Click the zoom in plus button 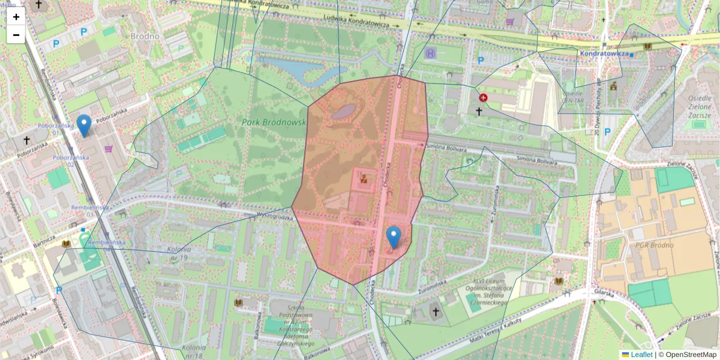pyautogui.click(x=16, y=17)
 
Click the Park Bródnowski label pyautogui.click(x=274, y=122)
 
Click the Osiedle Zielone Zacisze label pyautogui.click(x=699, y=107)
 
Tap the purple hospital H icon pyautogui.click(x=431, y=53)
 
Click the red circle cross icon pyautogui.click(x=483, y=98)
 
